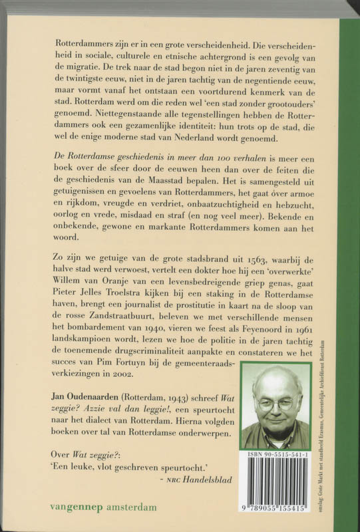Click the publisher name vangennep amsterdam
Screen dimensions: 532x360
103,507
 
